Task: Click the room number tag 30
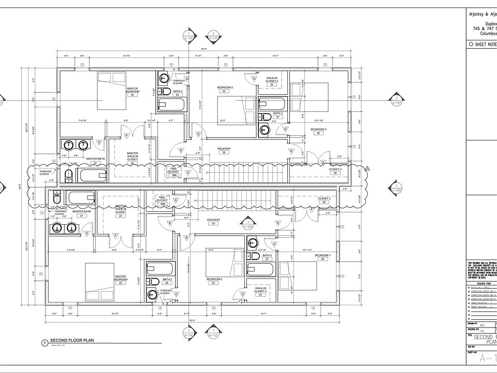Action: click(133, 95)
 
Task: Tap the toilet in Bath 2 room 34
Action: click(164, 79)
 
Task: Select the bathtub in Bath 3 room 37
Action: click(272, 103)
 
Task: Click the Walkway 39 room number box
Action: click(224, 152)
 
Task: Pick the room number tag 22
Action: click(120, 216)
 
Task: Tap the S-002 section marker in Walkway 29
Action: click(248, 226)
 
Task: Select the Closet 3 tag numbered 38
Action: click(335, 173)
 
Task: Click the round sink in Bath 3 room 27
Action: click(252, 242)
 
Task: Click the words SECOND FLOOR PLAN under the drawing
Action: click(71, 339)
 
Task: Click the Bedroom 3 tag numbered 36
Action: click(318, 133)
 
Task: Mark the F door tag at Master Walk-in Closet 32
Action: click(127, 135)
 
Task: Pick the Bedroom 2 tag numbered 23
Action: click(214, 283)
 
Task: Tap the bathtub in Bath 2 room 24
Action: click(159, 268)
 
